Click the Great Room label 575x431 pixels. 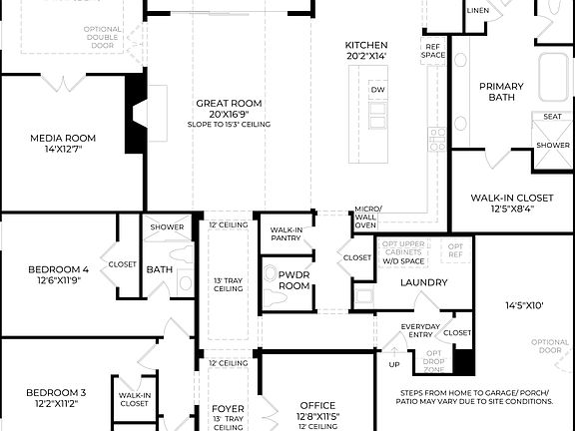click(x=229, y=103)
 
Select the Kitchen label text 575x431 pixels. click(x=366, y=46)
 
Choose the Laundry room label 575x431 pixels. click(x=423, y=282)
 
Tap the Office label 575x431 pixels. click(x=318, y=406)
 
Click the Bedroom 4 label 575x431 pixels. click(x=57, y=268)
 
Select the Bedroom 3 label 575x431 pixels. click(x=55, y=392)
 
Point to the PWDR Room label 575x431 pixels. click(x=294, y=279)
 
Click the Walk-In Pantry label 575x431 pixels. click(x=287, y=233)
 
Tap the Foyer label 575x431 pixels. click(x=229, y=409)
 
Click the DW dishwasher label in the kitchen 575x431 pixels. click(x=377, y=90)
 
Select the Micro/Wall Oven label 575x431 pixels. click(x=366, y=216)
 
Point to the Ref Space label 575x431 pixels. click(x=433, y=50)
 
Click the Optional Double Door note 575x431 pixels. click(x=104, y=37)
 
